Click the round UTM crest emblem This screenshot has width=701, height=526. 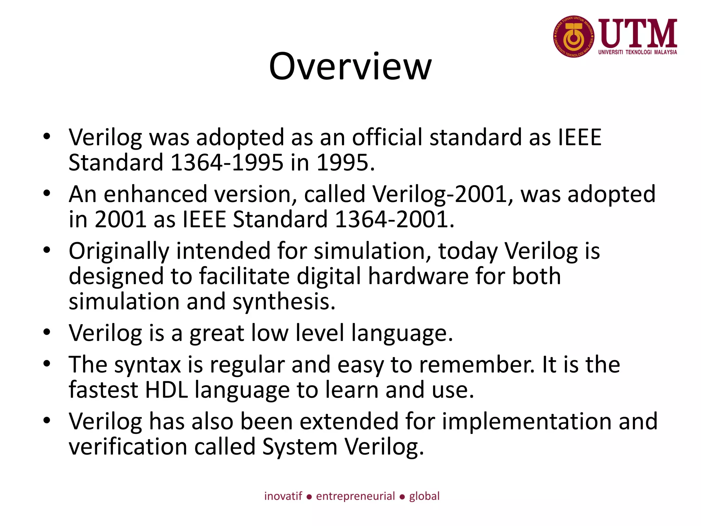click(573, 37)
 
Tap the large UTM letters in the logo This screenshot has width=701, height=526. click(638, 33)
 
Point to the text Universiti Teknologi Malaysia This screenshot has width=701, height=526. click(638, 52)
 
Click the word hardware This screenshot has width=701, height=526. click(418, 276)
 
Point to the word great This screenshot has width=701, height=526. click(217, 333)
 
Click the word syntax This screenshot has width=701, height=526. click(148, 365)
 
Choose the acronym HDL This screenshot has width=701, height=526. click(166, 390)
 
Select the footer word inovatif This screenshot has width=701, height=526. click(283, 496)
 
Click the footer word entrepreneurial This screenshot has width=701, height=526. click(355, 496)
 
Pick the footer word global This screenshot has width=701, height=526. click(424, 496)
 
